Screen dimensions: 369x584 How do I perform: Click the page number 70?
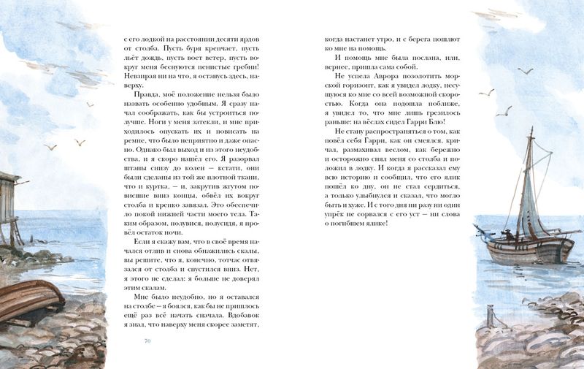(x=147, y=341)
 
